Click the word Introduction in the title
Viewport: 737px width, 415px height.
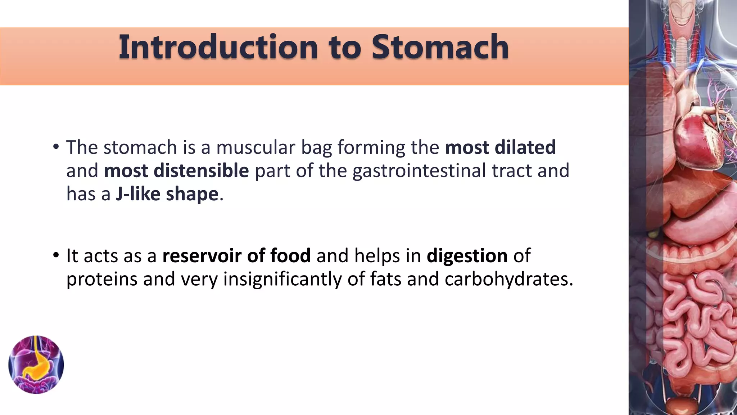point(218,47)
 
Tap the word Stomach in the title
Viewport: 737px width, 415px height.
point(440,47)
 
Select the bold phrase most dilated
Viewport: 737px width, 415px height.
point(500,147)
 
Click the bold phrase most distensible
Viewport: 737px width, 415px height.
point(176,171)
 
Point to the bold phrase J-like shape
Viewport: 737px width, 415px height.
point(167,194)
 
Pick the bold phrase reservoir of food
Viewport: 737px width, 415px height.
point(236,256)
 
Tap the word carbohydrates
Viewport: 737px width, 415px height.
point(508,279)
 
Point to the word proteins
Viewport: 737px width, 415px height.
point(102,280)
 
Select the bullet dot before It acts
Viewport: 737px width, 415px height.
point(55,255)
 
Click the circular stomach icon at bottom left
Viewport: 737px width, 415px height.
point(36,365)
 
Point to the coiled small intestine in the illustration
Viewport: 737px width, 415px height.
point(698,317)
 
